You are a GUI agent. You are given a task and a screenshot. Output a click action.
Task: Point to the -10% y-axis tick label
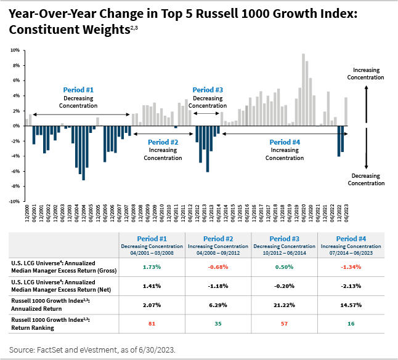point(15,201)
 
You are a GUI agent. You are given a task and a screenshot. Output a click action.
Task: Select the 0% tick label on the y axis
point(17,126)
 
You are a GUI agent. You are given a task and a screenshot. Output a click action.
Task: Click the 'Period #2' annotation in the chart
point(163,142)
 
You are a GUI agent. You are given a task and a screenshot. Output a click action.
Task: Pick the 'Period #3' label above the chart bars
point(208,90)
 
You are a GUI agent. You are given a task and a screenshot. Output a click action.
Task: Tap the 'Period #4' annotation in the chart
point(285,142)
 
